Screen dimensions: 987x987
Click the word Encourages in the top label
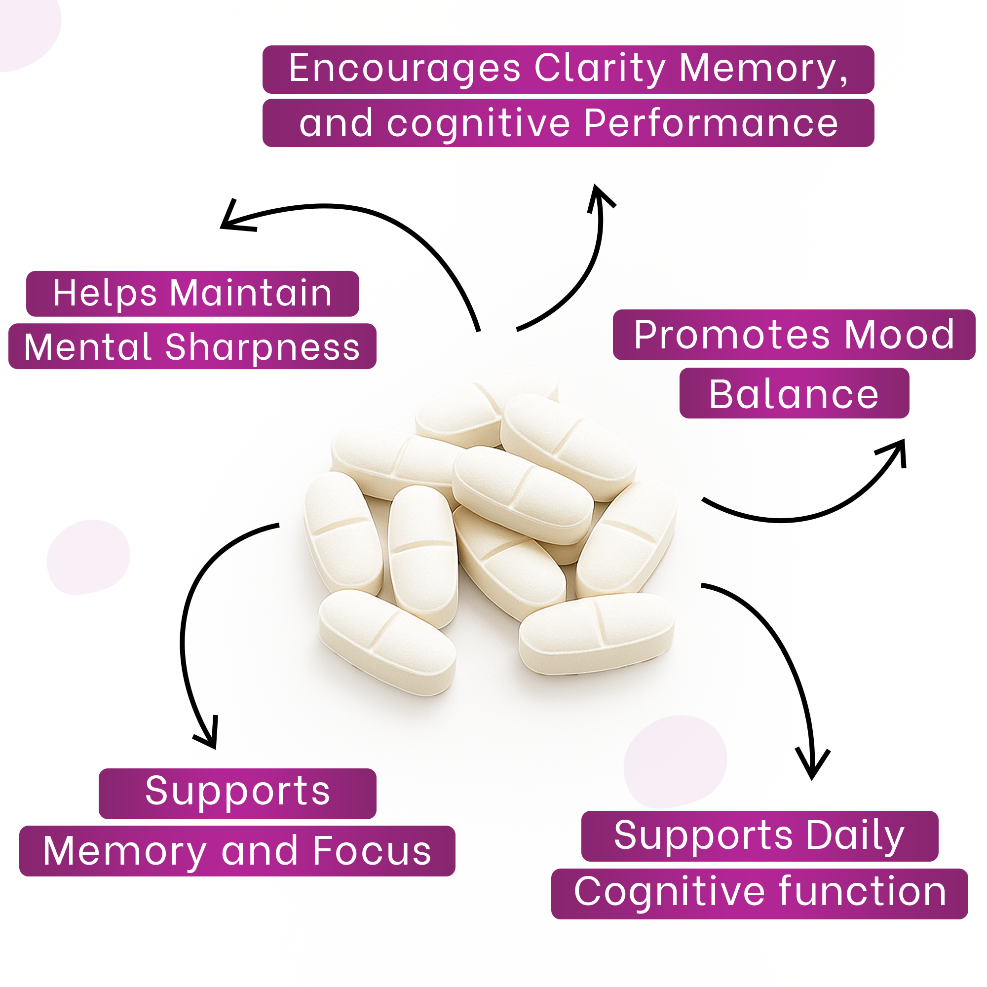404,69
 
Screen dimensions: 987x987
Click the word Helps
105,293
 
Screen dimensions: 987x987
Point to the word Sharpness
263,347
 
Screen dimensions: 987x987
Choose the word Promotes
732,335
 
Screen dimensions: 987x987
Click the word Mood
899,335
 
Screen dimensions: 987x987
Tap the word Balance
794,394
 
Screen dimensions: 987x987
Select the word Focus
372,851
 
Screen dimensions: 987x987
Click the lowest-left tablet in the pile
387,641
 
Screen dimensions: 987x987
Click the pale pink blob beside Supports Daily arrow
674,761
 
